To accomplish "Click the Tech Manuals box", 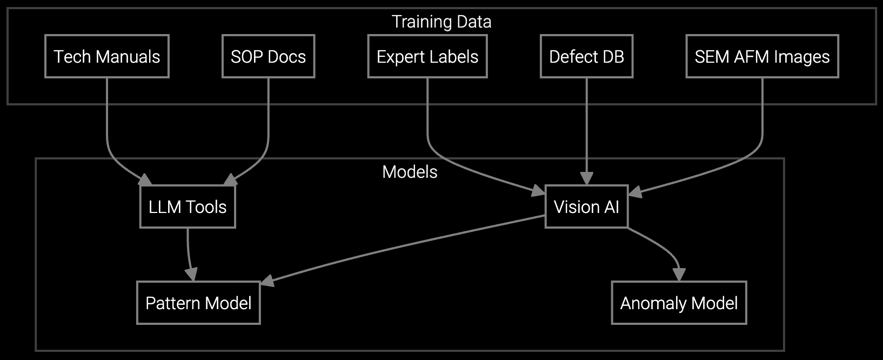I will pyautogui.click(x=107, y=56).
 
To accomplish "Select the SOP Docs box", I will pyautogui.click(x=268, y=56).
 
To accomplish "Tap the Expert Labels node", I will pyautogui.click(x=427, y=56).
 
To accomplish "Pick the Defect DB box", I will pyautogui.click(x=586, y=56).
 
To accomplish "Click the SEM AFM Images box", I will pyautogui.click(x=762, y=56).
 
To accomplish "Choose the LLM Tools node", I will pyautogui.click(x=187, y=206).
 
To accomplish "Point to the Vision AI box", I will pyautogui.click(x=586, y=206).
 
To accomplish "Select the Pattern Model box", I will pyautogui.click(x=198, y=303).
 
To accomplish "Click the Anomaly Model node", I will pyautogui.click(x=679, y=303).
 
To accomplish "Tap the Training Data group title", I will pyautogui.click(x=441, y=22).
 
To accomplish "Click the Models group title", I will pyautogui.click(x=410, y=172).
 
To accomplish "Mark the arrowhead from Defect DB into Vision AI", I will pyautogui.click(x=586, y=179).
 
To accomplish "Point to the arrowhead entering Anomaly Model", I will pyautogui.click(x=679, y=275).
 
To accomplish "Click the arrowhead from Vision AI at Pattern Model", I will pyautogui.click(x=267, y=281).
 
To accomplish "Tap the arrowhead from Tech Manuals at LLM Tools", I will pyautogui.click(x=145, y=181).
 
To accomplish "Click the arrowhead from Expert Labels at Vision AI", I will pyautogui.click(x=538, y=190).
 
